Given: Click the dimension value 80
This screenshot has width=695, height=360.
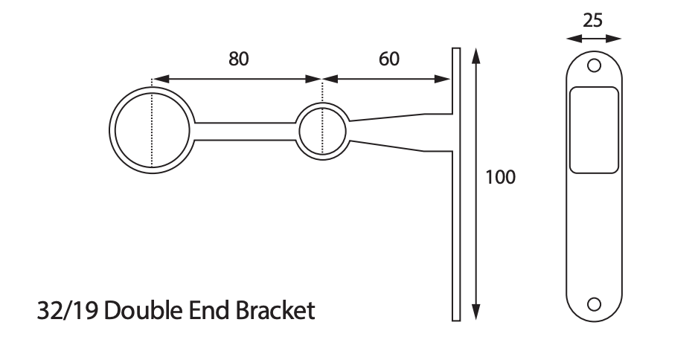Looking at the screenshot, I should (238, 59).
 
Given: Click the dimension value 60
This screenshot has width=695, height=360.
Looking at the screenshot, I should (388, 59).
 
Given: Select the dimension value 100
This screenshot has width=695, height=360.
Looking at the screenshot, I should (500, 178).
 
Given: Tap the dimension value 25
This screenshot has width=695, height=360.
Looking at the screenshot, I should (592, 20).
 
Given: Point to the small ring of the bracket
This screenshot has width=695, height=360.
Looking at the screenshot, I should (301, 131).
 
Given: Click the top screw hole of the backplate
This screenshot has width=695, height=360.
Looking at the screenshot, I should (593, 65).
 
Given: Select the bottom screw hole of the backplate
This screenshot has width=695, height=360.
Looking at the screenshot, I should (593, 303).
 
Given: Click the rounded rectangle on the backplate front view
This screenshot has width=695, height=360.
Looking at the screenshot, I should (593, 130).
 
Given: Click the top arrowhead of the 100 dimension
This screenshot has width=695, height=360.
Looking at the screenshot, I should (477, 54).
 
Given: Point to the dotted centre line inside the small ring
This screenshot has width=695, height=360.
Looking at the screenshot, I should (322, 131).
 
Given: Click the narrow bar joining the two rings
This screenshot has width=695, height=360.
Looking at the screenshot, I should (246, 131).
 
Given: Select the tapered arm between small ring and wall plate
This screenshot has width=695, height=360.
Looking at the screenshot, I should (394, 132).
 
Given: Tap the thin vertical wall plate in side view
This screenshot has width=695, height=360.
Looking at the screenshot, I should (456, 223).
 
